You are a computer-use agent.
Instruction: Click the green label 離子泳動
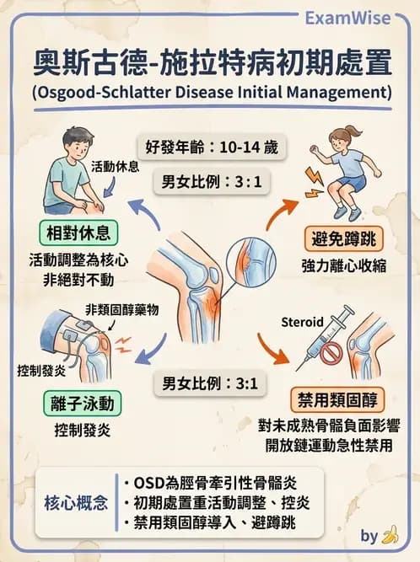pos(81,404)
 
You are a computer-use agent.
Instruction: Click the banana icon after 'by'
pos(390,534)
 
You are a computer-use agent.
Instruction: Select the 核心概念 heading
pos(77,503)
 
